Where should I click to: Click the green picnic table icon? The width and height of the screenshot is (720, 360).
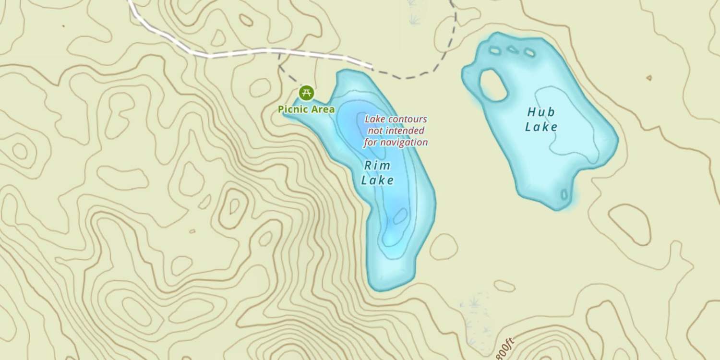tap(306, 92)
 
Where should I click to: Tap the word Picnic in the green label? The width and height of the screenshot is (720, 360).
tap(292, 109)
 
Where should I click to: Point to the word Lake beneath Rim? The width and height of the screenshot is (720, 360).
tap(378, 180)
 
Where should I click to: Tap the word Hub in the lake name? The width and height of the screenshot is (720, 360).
tap(541, 112)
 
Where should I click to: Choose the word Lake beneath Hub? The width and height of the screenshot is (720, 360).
tap(541, 127)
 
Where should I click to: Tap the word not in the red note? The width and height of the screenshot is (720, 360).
tap(374, 131)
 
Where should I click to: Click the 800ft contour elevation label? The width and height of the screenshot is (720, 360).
tap(505, 346)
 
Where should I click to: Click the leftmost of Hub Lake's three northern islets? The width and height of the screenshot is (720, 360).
tap(495, 50)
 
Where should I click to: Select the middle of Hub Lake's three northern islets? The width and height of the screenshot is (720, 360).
tap(513, 49)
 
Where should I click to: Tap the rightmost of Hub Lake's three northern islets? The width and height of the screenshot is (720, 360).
tap(529, 52)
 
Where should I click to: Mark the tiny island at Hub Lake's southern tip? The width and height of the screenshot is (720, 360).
tap(564, 195)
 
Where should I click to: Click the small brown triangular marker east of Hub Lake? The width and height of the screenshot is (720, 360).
tap(649, 77)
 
